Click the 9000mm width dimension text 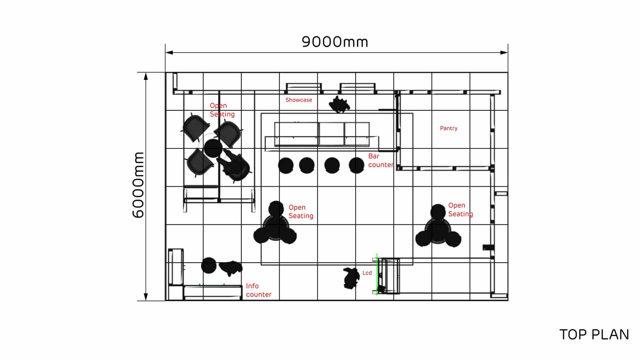335,42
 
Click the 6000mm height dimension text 138,185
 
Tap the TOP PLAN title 594,335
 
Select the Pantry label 449,128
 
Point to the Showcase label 299,100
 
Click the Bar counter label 381,160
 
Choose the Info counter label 259,290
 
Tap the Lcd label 367,273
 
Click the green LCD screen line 377,274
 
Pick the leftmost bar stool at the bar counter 286,165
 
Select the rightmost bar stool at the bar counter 356,165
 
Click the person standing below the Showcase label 339,104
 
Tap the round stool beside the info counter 209,265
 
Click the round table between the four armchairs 213,148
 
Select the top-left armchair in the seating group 196,128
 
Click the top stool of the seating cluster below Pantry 438,212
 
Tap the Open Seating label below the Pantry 460,210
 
